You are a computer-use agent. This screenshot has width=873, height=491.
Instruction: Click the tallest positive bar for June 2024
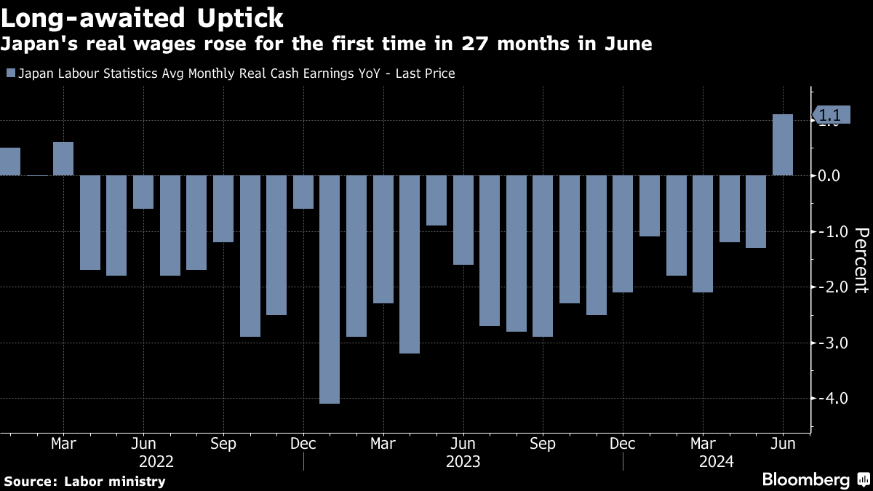[x=783, y=145]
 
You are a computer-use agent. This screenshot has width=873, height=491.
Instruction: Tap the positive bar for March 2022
[x=63, y=159]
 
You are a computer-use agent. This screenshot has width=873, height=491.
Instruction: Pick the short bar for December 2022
[x=303, y=192]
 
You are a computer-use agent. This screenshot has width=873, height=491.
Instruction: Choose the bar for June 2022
[x=143, y=192]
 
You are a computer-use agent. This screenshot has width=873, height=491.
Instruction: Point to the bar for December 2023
[x=623, y=233]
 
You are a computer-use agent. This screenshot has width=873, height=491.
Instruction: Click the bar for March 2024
[x=703, y=233]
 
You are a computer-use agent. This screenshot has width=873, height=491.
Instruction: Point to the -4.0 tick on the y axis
[x=829, y=399]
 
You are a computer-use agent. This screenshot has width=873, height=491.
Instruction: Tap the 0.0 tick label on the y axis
[x=829, y=176]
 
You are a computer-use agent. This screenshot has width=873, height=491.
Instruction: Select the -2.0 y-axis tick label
[x=829, y=287]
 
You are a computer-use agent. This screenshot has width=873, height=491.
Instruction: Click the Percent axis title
[x=861, y=260]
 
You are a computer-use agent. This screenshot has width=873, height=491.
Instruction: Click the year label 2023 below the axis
[x=463, y=461]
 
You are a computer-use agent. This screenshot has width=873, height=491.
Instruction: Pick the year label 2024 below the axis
[x=717, y=461]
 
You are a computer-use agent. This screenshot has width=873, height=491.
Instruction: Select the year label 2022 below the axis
[x=156, y=461]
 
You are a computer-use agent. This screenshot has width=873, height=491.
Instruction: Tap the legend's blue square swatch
[x=10, y=73]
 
